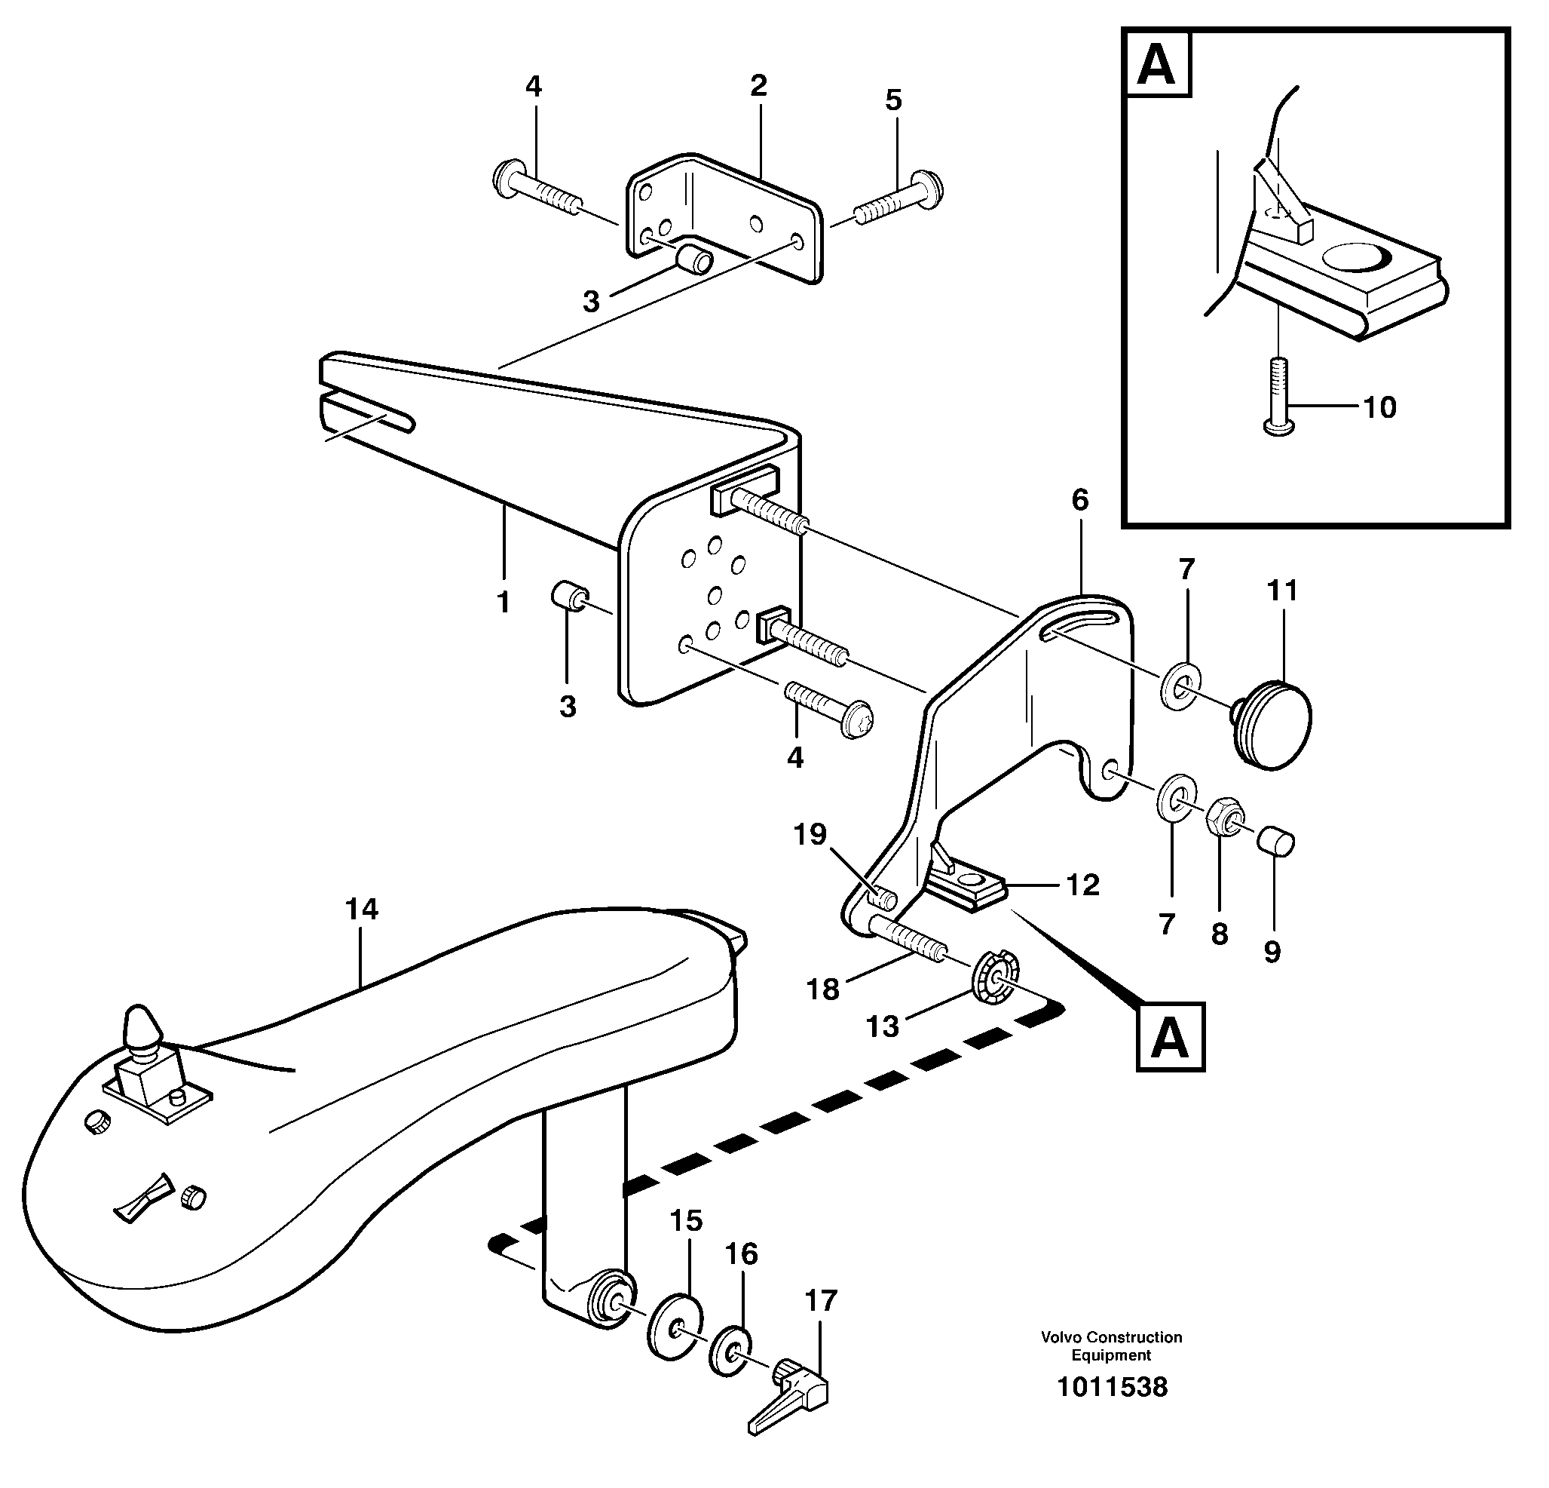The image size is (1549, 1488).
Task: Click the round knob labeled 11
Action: click(1275, 723)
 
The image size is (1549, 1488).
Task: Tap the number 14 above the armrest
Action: click(361, 910)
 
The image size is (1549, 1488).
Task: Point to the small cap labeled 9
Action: click(1276, 840)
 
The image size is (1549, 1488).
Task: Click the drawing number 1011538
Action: click(1112, 1387)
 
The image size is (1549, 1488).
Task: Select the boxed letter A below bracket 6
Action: click(1170, 1037)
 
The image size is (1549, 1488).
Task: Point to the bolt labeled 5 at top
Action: click(901, 198)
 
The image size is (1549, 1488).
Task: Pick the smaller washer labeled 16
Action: click(731, 1352)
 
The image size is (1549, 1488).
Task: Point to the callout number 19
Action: click(810, 835)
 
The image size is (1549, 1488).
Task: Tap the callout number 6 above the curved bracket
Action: click(1079, 500)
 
